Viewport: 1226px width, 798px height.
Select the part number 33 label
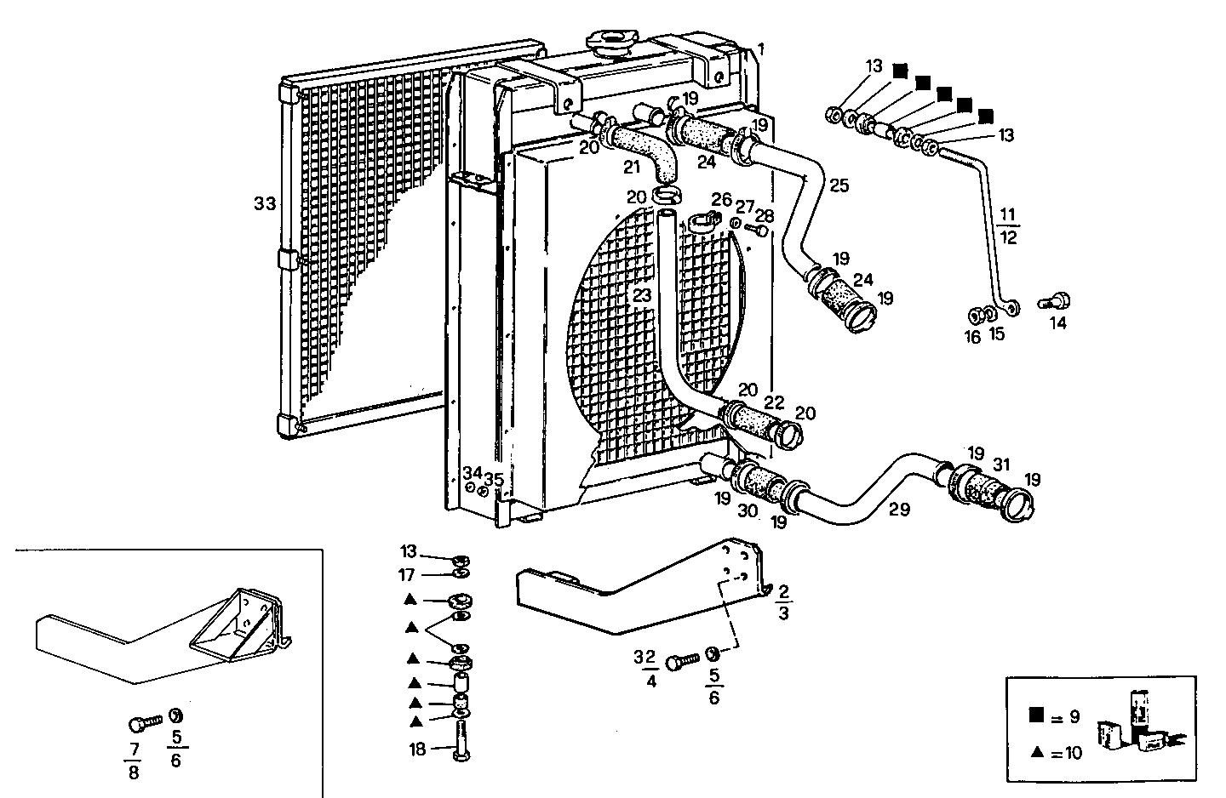point(265,203)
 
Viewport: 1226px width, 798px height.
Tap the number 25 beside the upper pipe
point(839,185)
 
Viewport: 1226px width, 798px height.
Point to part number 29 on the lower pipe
point(899,510)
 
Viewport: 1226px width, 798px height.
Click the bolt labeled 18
point(462,743)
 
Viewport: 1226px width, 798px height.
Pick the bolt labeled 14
point(1058,301)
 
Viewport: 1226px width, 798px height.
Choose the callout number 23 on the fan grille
point(641,296)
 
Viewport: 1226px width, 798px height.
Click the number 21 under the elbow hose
point(631,167)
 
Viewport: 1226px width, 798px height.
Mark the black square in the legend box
point(1036,715)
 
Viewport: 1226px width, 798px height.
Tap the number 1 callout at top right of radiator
point(761,49)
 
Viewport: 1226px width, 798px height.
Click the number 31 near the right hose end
point(1001,465)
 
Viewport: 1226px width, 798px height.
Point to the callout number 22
point(774,402)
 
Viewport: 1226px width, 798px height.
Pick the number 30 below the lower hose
point(748,511)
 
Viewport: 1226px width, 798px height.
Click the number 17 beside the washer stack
point(408,576)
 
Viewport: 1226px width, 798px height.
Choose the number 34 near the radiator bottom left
point(472,472)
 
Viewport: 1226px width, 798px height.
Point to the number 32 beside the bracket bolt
point(645,656)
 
